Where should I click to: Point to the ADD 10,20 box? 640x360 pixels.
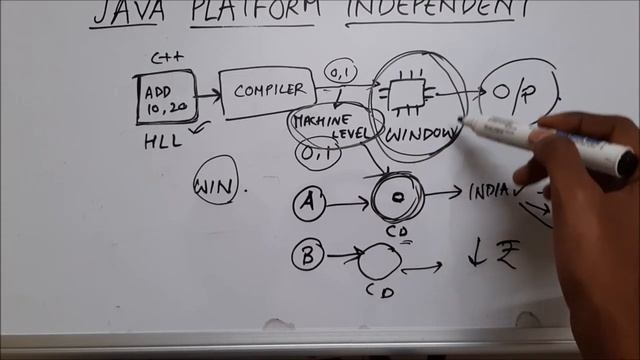pyautogui.click(x=165, y=98)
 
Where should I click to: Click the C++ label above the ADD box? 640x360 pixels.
pyautogui.click(x=164, y=60)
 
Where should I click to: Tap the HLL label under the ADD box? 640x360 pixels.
pyautogui.click(x=163, y=141)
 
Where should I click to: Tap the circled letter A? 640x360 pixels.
pyautogui.click(x=309, y=204)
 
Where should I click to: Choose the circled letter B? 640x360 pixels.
pyautogui.click(x=309, y=257)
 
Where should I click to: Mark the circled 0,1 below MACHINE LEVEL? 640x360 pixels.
pyautogui.click(x=318, y=154)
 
